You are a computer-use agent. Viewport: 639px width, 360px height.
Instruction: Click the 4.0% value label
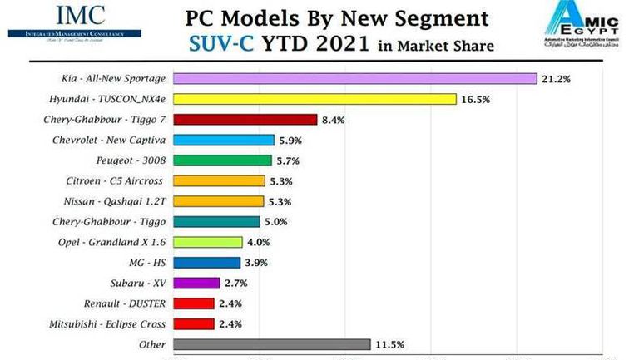259,243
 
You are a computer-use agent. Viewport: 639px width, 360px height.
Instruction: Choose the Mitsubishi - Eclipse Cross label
107,323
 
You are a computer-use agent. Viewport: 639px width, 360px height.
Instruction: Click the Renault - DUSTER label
125,303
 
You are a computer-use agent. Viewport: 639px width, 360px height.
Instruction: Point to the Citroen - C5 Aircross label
115,180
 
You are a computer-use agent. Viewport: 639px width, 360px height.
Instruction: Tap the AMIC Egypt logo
590,27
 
